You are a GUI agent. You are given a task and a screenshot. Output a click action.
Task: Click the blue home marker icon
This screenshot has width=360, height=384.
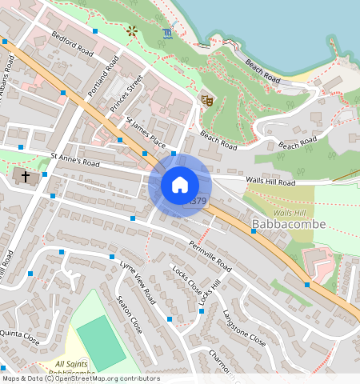click(180, 185)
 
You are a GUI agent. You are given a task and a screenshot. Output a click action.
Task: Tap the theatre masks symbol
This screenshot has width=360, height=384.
click(206, 100)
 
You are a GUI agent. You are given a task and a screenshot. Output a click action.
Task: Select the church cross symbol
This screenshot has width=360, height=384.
click(26, 175)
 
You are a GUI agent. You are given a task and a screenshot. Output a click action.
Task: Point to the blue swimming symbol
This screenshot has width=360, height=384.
click(166, 34)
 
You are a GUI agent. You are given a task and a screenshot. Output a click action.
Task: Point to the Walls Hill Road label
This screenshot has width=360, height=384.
click(270, 182)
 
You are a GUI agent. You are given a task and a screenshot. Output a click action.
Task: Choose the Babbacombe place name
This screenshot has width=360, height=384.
click(288, 224)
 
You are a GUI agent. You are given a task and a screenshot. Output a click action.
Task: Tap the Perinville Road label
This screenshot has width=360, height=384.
click(210, 254)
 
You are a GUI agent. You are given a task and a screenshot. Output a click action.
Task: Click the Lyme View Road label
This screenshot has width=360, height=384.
click(137, 282)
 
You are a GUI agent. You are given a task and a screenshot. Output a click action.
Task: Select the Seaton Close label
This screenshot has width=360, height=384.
click(130, 315)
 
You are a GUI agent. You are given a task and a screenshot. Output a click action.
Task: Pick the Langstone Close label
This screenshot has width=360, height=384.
click(244, 328)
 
